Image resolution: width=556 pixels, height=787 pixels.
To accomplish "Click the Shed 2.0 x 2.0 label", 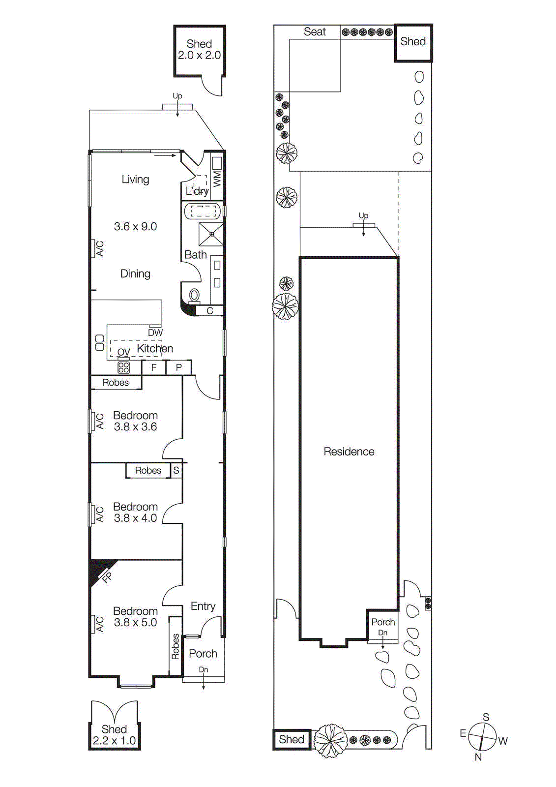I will tap(199, 50).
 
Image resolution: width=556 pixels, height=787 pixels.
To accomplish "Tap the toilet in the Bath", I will tap(195, 296).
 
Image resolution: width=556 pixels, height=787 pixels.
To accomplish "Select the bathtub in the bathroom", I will tap(203, 212).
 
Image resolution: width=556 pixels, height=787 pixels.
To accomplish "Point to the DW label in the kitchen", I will tap(155, 333).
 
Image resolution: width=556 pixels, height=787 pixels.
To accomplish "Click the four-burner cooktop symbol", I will tap(123, 367).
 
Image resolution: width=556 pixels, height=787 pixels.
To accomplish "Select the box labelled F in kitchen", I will tap(154, 367).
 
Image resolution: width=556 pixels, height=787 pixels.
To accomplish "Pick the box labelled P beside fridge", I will tap(179, 367).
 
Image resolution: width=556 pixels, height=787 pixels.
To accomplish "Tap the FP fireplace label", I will tap(107, 577).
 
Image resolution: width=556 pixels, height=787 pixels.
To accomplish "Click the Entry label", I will tap(203, 606).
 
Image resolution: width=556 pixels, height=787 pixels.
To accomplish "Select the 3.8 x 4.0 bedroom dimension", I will tap(135, 518).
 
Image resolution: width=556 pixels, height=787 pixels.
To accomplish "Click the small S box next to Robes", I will tap(176, 470).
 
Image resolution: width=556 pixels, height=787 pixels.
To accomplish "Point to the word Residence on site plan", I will tap(349, 452).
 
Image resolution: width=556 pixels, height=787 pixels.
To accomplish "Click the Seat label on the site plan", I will tap(315, 32).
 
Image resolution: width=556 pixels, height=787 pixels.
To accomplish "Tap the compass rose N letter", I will tap(478, 757).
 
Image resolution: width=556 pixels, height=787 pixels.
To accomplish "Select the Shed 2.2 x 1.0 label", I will tap(114, 735).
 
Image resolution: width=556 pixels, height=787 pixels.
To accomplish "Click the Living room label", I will tap(135, 180).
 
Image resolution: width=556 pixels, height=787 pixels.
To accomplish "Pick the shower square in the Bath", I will tap(211, 234).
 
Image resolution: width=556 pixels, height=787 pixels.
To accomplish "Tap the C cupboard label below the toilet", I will tap(210, 311).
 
